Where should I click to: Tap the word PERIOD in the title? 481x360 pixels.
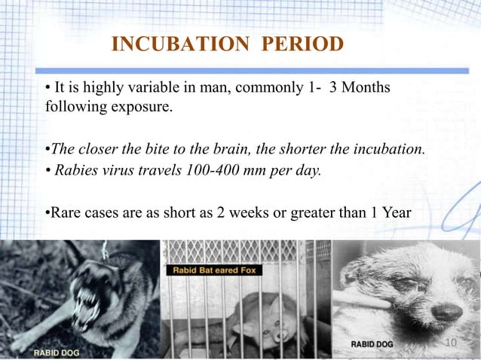[x=302, y=44]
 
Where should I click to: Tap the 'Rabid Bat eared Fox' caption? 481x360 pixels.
[x=215, y=270]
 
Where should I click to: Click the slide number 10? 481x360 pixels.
[x=452, y=343]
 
